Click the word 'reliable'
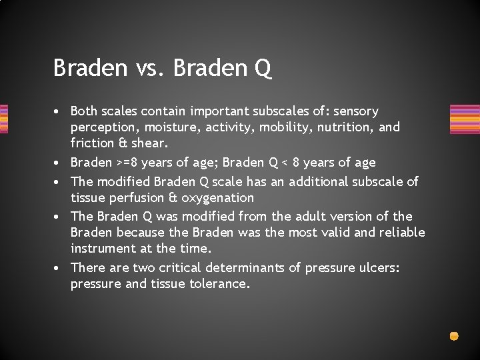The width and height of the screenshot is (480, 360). [x=400, y=232]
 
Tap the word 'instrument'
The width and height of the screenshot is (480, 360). [x=102, y=248]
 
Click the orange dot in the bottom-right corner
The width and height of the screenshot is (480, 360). [x=454, y=336]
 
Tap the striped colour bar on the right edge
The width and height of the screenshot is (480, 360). [x=465, y=119]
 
